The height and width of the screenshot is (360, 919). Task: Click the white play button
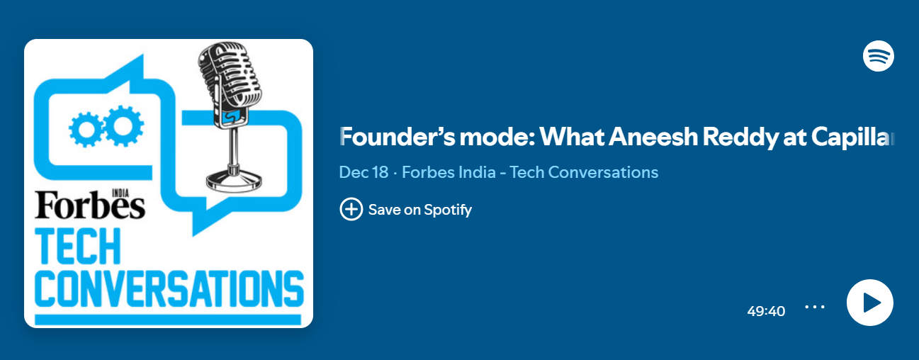pyautogui.click(x=870, y=303)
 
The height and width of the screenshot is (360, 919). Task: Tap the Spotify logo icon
pyautogui.click(x=879, y=56)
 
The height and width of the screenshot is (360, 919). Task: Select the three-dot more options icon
pyautogui.click(x=815, y=307)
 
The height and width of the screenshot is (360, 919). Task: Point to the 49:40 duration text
pyautogui.click(x=766, y=311)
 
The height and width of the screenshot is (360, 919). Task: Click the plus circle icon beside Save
pyautogui.click(x=351, y=209)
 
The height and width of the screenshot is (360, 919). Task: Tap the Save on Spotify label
pyautogui.click(x=420, y=210)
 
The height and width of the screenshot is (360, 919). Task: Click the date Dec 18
pyautogui.click(x=363, y=172)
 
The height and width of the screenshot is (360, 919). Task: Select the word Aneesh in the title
pyautogui.click(x=653, y=137)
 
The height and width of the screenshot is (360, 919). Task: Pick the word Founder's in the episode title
pyautogui.click(x=397, y=137)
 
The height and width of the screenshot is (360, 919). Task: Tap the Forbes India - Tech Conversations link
pyautogui.click(x=530, y=172)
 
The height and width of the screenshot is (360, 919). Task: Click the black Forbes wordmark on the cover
pyautogui.click(x=90, y=206)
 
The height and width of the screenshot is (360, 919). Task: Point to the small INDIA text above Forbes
pyautogui.click(x=120, y=193)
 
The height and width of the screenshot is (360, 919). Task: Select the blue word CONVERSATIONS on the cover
pyautogui.click(x=169, y=288)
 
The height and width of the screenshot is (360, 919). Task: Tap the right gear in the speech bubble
pyautogui.click(x=123, y=125)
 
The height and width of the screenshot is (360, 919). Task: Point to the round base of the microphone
pyautogui.click(x=234, y=179)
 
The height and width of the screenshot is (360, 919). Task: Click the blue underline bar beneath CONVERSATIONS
pyautogui.click(x=168, y=320)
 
